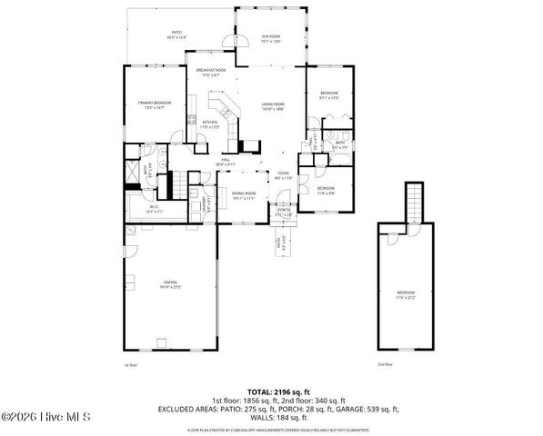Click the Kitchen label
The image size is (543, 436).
click(x=209, y=125)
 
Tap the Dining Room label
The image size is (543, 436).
click(x=243, y=195)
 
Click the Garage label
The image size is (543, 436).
click(x=172, y=284)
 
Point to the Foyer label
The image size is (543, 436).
click(x=284, y=177)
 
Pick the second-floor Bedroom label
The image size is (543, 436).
click(x=405, y=295)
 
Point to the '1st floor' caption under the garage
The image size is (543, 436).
click(x=129, y=364)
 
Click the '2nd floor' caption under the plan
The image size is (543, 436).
click(x=387, y=364)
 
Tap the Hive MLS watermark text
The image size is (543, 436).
click(x=45, y=418)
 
